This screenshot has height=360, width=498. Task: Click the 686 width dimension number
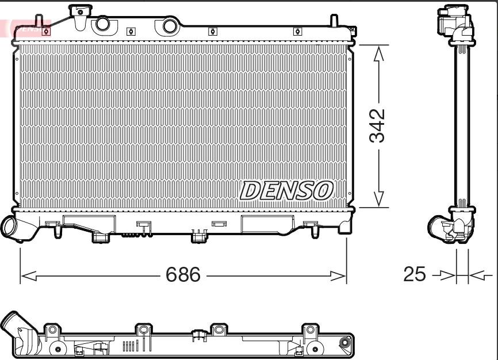pyautogui.click(x=183, y=274)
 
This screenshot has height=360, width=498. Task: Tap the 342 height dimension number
pyautogui.click(x=377, y=125)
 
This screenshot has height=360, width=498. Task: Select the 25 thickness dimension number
pyautogui.click(x=414, y=274)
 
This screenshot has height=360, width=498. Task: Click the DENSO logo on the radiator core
pyautogui.click(x=286, y=191)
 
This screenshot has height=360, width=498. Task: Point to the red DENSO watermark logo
pyautogui.click(x=25, y=28)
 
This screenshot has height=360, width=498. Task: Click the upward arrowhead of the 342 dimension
pyautogui.click(x=378, y=53)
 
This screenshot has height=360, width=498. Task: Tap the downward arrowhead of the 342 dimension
pyautogui.click(x=378, y=199)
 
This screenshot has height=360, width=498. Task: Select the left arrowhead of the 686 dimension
pyautogui.click(x=29, y=276)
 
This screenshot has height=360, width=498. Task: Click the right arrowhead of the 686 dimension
pyautogui.click(x=338, y=276)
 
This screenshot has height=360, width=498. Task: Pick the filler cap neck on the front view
pyautogui.click(x=81, y=17)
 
